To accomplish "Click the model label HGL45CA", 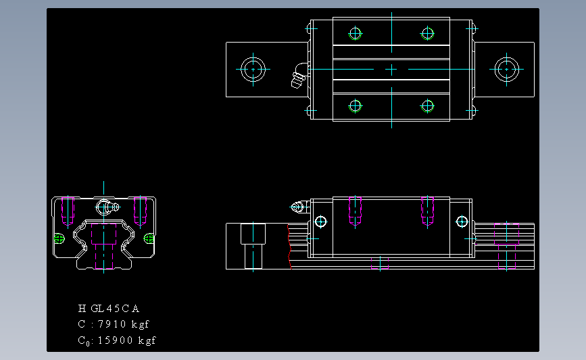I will (x=109, y=309).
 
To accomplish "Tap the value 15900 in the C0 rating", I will (x=116, y=340).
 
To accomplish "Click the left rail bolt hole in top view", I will (x=253, y=69).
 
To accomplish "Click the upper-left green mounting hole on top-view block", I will (x=355, y=33).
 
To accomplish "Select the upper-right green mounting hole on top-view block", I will (x=427, y=33).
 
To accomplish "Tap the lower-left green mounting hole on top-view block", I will (x=355, y=105).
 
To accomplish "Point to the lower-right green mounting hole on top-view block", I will (x=427, y=105).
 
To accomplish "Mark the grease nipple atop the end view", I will (x=105, y=206).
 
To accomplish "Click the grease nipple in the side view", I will (x=298, y=207).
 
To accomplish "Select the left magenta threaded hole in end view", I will (x=67, y=211).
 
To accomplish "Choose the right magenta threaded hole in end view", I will (x=140, y=211).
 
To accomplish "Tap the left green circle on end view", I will (x=58, y=238).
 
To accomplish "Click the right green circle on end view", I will (x=149, y=238).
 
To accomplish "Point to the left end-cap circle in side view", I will (x=320, y=221).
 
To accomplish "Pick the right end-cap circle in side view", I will (x=462, y=221).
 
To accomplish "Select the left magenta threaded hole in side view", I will (x=355, y=211).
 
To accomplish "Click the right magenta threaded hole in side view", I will (x=427, y=211).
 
